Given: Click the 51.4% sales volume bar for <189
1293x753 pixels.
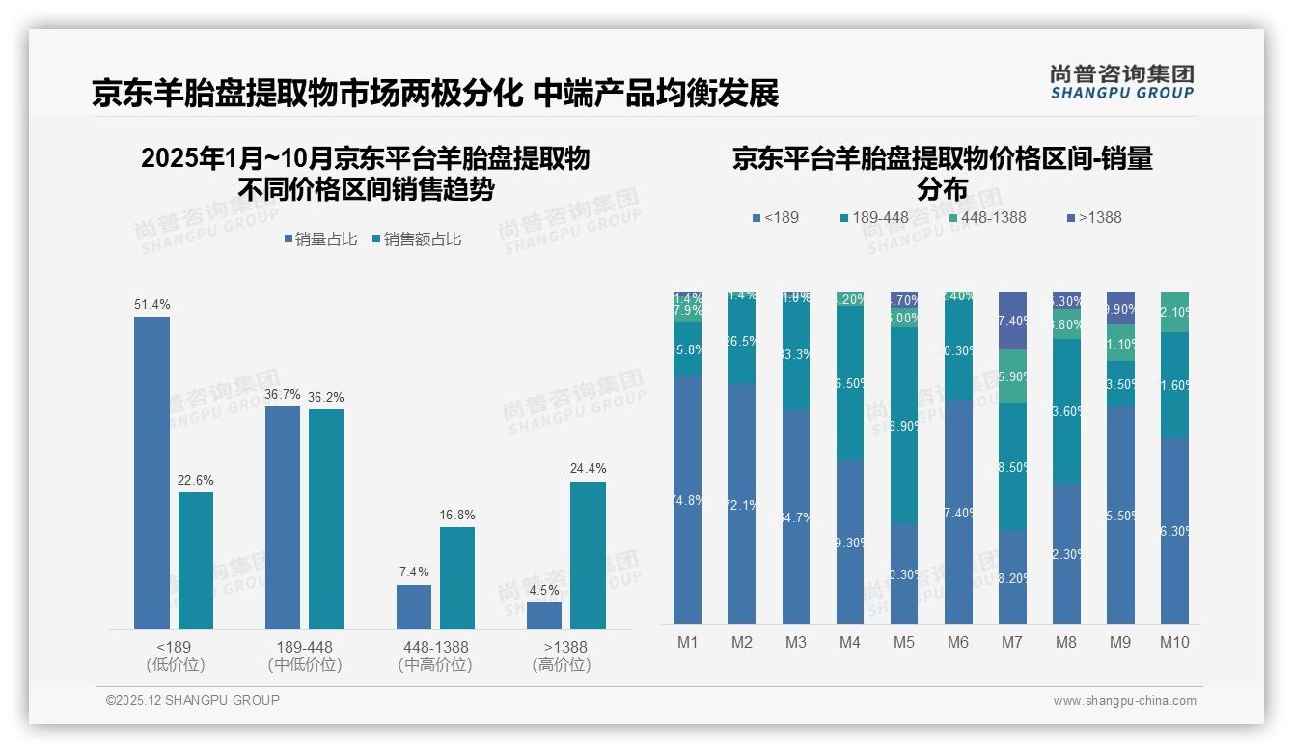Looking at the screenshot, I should point(151,473).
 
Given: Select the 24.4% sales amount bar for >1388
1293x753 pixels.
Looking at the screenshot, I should point(588,555).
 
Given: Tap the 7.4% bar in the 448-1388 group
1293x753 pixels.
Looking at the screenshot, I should point(413,606).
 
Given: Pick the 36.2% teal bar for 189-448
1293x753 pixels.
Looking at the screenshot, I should point(325,519).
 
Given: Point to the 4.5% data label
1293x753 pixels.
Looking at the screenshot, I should point(544,590).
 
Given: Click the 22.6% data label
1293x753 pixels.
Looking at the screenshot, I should point(196,480).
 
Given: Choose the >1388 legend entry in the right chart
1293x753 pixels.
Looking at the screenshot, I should point(1093,217).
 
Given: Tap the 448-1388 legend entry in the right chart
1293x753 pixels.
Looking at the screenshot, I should point(987,217).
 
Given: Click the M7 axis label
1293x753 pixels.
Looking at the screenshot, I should point(1012,642).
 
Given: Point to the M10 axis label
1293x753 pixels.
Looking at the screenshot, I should point(1174,642).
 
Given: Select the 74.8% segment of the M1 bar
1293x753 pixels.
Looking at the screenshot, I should point(687,499).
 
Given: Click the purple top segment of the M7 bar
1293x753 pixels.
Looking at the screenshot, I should point(1012,320).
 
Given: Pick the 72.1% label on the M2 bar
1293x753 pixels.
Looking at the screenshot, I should point(741,506).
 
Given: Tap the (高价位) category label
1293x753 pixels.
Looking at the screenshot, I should point(562,665).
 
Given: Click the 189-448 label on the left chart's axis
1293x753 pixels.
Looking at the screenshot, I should point(304,647).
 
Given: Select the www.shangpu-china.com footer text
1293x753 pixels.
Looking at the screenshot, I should point(1124,701).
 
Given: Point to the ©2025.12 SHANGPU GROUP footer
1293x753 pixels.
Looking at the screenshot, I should point(193,700).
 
